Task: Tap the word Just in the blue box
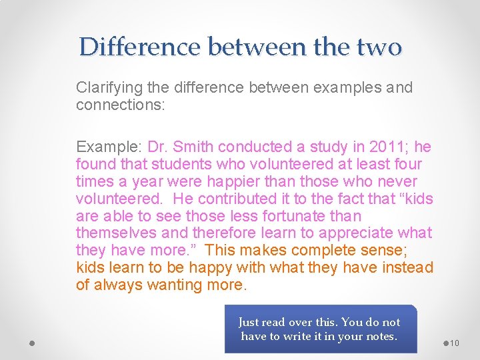point(249,322)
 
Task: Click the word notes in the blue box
point(380,336)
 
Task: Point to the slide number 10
point(455,343)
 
